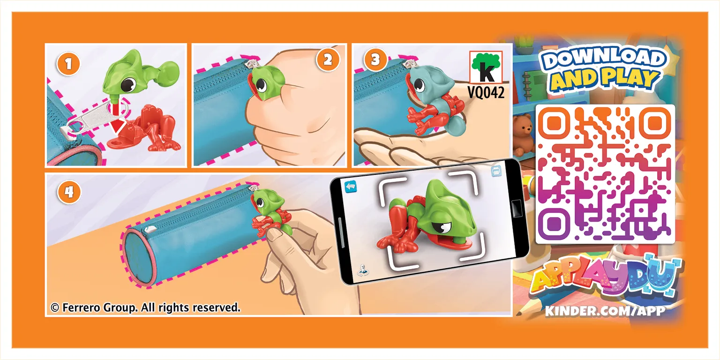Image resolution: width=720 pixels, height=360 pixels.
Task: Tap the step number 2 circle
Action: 328,60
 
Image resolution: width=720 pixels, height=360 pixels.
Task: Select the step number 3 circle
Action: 375,60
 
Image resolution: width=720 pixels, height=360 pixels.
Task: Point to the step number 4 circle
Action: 69,192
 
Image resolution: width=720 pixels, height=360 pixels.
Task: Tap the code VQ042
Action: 486,93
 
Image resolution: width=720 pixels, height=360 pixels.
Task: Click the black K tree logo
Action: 486,67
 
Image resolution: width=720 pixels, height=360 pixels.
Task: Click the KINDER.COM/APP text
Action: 605,311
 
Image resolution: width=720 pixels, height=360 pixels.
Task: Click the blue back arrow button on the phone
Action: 351,187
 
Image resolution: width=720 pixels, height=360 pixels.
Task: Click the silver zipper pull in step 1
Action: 97,120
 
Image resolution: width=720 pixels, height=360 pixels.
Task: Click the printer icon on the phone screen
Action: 496,171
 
